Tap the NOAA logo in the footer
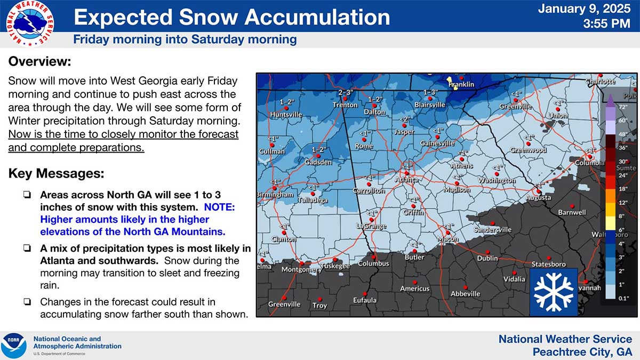pyautogui.click(x=14, y=345)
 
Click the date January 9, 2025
pyautogui.click(x=584, y=9)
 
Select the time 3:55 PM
pyautogui.click(x=607, y=23)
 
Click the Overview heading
pyautogui.click(x=39, y=61)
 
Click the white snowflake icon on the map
pyautogui.click(x=553, y=292)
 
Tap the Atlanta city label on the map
pyautogui.click(x=406, y=180)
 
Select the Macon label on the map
pyautogui.click(x=448, y=239)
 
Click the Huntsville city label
pyautogui.click(x=286, y=115)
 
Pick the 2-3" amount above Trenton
pyautogui.click(x=346, y=92)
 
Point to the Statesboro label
pyautogui.click(x=548, y=265)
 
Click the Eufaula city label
pyautogui.click(x=365, y=300)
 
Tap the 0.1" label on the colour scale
pyautogui.click(x=622, y=298)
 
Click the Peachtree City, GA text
pyautogui.click(x=582, y=352)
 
